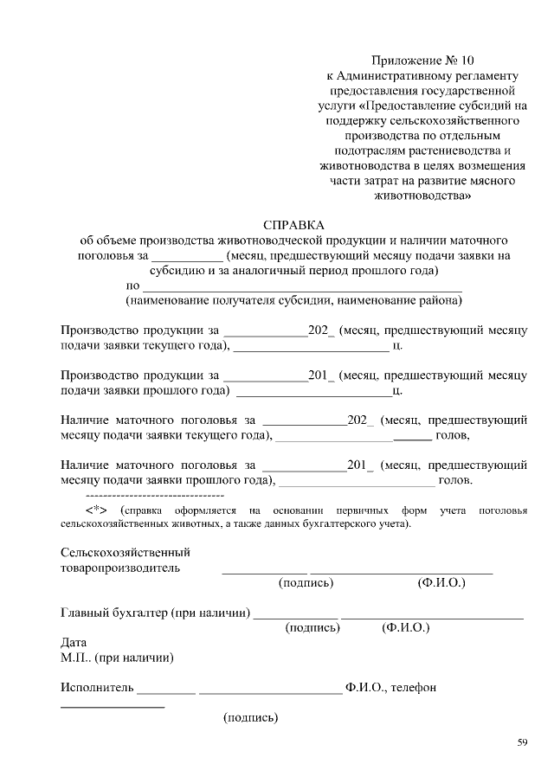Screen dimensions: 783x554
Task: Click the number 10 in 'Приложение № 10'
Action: point(467,61)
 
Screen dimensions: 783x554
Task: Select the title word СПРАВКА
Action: point(293,223)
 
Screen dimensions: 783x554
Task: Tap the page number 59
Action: point(522,742)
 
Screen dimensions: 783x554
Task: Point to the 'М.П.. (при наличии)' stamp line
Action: point(117,658)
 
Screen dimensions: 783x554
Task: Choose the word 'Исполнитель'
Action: point(97,688)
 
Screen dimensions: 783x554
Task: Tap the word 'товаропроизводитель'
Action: point(120,568)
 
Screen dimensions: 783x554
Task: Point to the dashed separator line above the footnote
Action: point(143,495)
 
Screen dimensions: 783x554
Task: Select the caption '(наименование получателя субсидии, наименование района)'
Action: point(293,300)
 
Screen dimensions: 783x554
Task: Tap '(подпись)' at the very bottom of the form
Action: point(250,717)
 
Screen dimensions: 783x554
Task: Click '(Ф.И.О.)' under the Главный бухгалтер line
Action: point(405,627)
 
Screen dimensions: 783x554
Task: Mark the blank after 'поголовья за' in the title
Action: point(186,257)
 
